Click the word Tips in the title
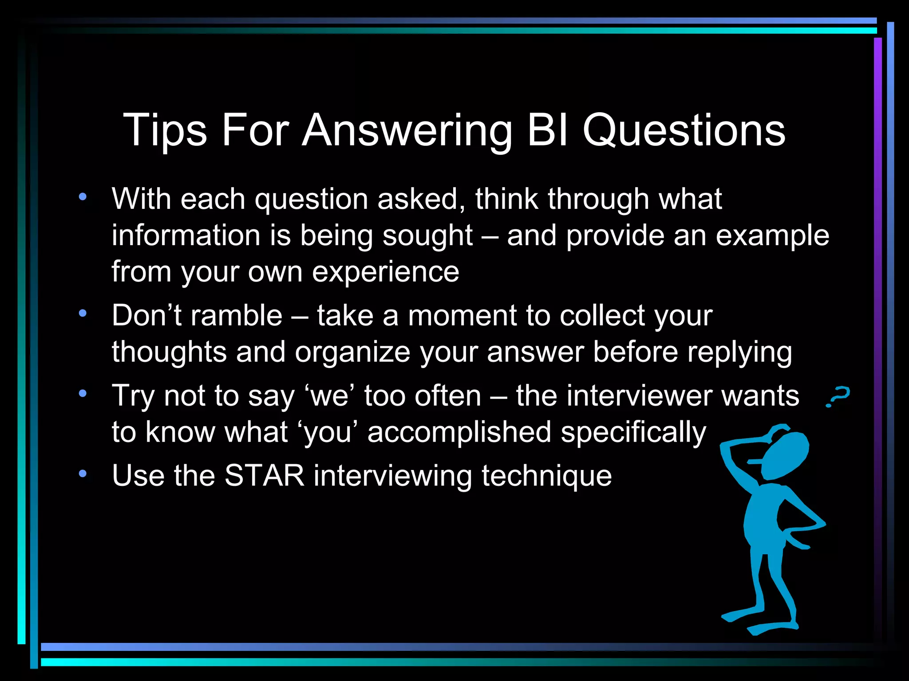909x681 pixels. pyautogui.click(x=164, y=130)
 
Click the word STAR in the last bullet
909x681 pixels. pyautogui.click(x=265, y=476)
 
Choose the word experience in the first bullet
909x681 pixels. pyautogui.click(x=385, y=272)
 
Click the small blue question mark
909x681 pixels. pyautogui.click(x=837, y=396)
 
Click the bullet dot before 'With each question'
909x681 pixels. pyautogui.click(x=83, y=197)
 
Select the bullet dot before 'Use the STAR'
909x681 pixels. pyautogui.click(x=83, y=474)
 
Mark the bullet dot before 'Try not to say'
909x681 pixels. pyautogui.click(x=83, y=393)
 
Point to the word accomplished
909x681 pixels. pyautogui.click(x=459, y=432)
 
